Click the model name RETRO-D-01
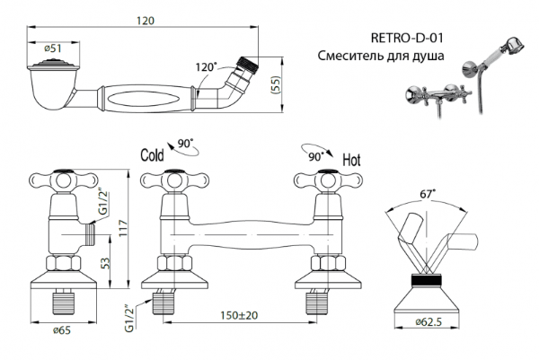tap(407, 39)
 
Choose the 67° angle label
tap(427, 192)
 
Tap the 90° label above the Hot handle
tap(314, 155)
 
